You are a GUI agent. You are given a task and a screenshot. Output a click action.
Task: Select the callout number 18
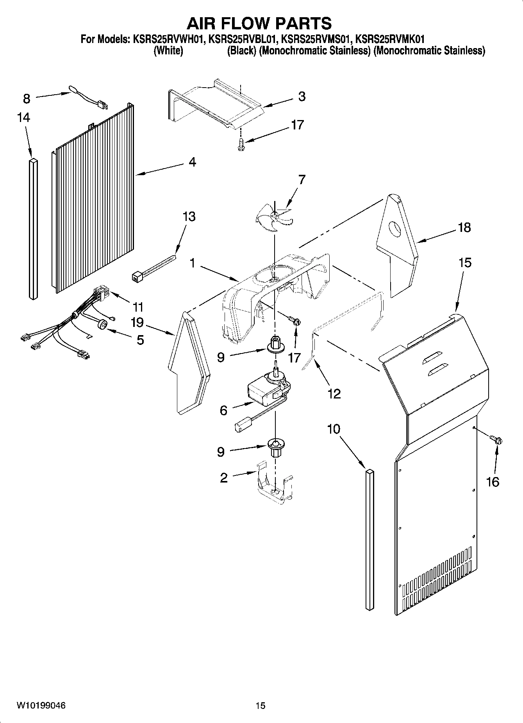464,227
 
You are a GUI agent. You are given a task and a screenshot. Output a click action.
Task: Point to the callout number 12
334,393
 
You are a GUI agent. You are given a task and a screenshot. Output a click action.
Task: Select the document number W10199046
41,705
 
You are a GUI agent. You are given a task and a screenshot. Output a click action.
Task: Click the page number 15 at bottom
261,705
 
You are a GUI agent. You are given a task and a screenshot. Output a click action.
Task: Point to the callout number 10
334,429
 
